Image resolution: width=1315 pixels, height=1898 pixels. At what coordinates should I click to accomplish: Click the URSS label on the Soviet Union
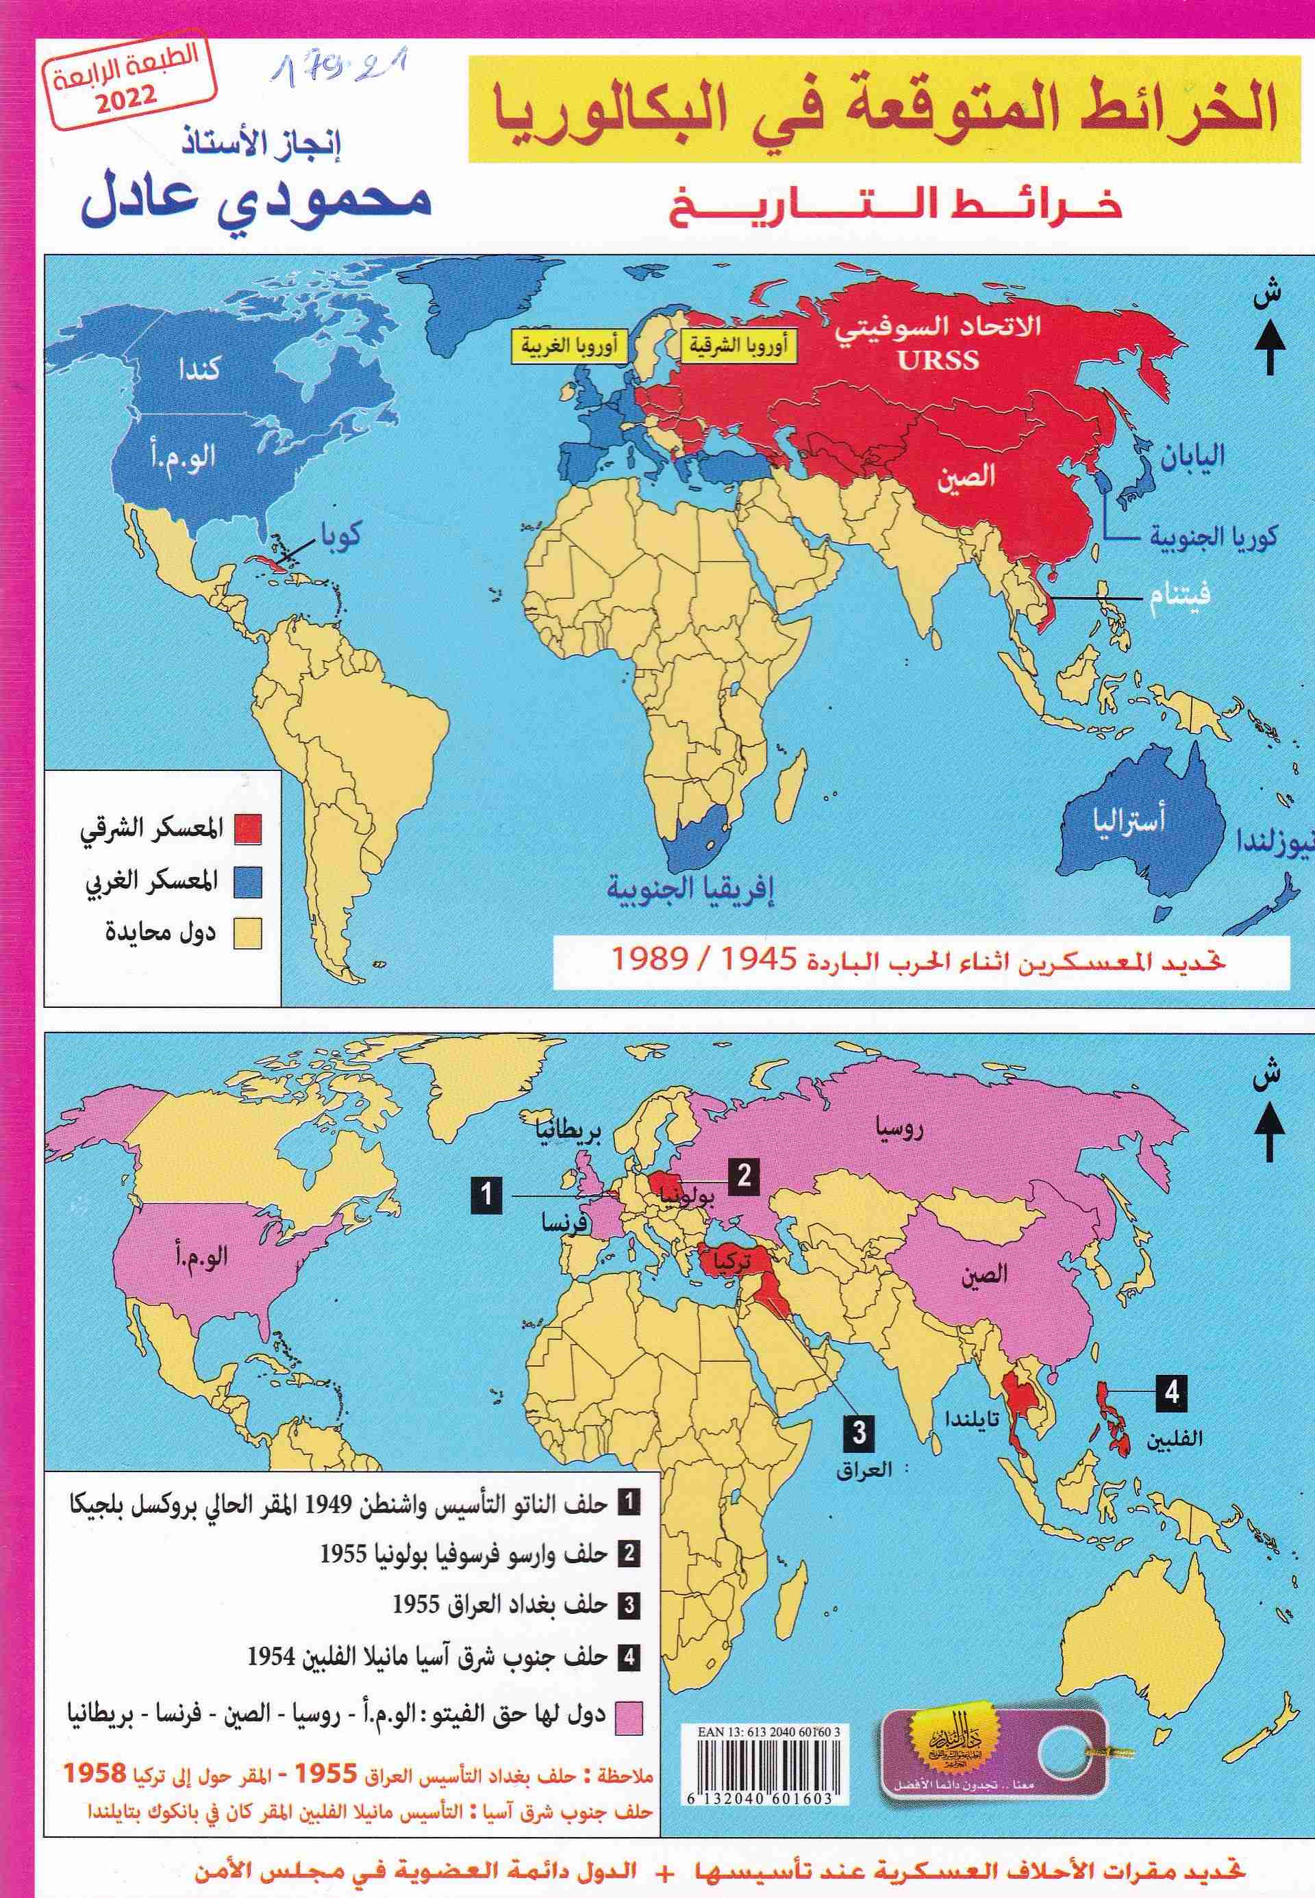coord(938,361)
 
